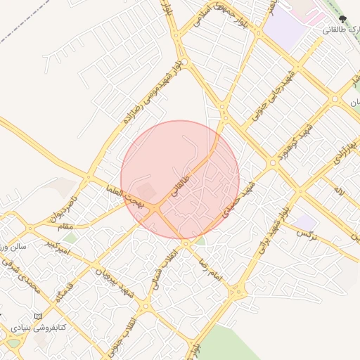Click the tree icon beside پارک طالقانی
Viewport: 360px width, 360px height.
tap(342, 20)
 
